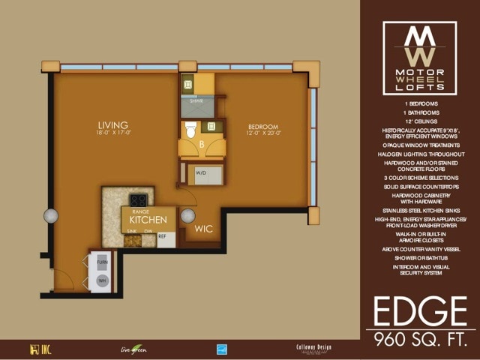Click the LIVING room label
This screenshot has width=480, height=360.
pyautogui.click(x=112, y=124)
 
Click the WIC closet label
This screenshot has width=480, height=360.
pyautogui.click(x=204, y=230)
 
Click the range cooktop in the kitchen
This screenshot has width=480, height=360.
pyautogui.click(x=138, y=200)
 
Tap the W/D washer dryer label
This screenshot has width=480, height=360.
pyautogui.click(x=201, y=172)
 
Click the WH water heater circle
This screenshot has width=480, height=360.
pyautogui.click(x=103, y=281)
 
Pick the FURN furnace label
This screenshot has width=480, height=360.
pyautogui.click(x=102, y=262)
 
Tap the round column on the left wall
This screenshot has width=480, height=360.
pyautogui.click(x=51, y=215)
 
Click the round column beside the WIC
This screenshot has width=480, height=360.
pyautogui.click(x=188, y=216)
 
